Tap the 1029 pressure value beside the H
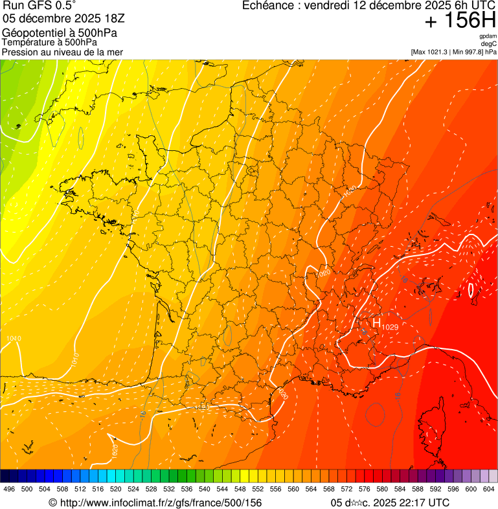pos(390,327)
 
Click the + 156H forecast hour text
pos(459,21)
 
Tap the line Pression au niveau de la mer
pos(63,52)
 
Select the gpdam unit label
pos(488,36)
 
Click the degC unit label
pos(489,44)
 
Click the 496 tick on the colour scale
pos(9,490)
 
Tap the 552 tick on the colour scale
pos(257,490)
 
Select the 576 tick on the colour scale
pos(364,490)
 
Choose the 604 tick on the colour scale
pos(488,490)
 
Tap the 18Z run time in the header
pos(110,19)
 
